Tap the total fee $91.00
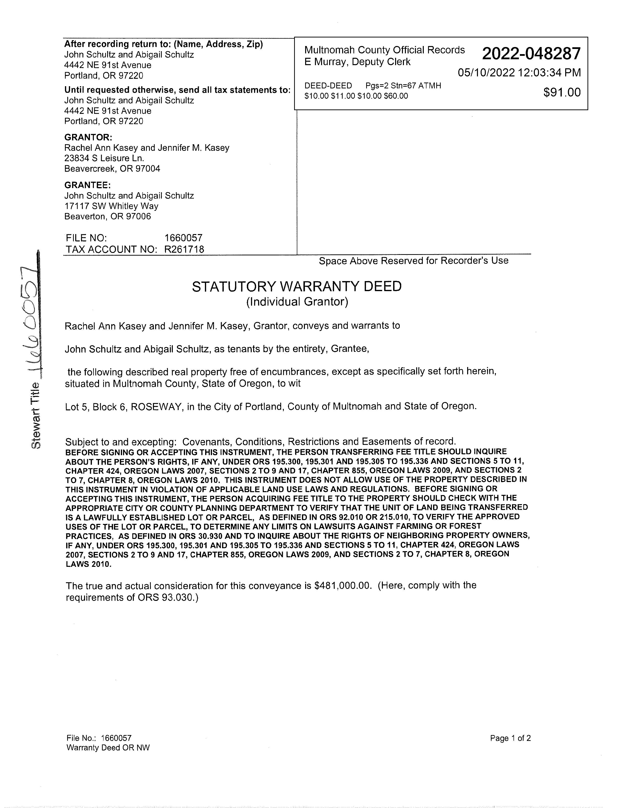[562, 92]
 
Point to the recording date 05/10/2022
[486, 72]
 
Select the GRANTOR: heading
[88, 137]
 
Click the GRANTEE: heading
[87, 185]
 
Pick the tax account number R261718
[184, 249]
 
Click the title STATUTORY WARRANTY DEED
[297, 287]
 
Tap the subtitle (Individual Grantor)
[297, 302]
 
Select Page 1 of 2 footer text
[510, 738]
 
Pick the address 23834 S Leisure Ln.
[104, 158]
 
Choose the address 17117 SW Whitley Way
[111, 206]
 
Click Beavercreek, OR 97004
[112, 169]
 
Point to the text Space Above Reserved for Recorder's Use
[413, 261]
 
